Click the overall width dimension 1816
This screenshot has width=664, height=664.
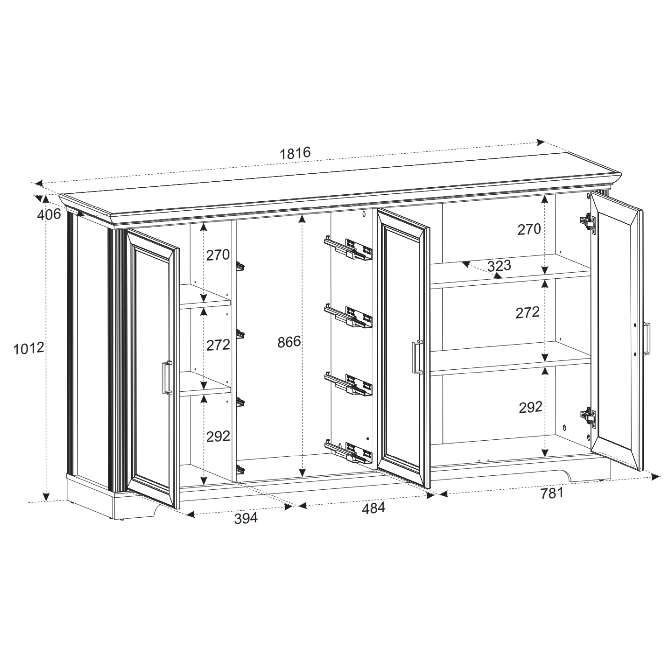pyautogui.click(x=295, y=153)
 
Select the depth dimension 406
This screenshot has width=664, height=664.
pyautogui.click(x=49, y=215)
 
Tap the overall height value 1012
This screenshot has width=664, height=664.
pyautogui.click(x=29, y=349)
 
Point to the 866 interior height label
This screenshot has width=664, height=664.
pyautogui.click(x=289, y=342)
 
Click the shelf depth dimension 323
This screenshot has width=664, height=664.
pyautogui.click(x=499, y=266)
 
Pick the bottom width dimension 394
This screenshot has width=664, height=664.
pyautogui.click(x=246, y=518)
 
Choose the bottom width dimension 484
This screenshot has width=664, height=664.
pyautogui.click(x=373, y=508)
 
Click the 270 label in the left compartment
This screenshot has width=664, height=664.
pyautogui.click(x=218, y=255)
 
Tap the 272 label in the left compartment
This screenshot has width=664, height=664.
pyautogui.click(x=218, y=345)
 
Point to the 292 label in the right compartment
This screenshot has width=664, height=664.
pyautogui.click(x=530, y=407)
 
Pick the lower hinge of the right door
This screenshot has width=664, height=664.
pyautogui.click(x=588, y=417)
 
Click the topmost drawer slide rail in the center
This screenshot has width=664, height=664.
pyautogui.click(x=348, y=248)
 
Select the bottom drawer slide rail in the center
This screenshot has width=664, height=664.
pyautogui.click(x=348, y=452)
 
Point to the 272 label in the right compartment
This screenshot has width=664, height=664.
pyautogui.click(x=528, y=313)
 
